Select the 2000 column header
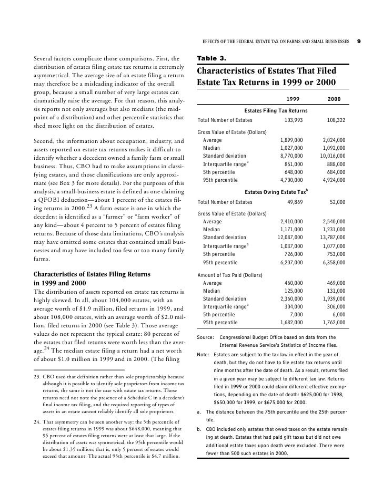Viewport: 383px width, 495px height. (334, 99)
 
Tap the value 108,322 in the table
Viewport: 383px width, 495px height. (335, 120)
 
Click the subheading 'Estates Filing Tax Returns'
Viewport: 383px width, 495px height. (276, 110)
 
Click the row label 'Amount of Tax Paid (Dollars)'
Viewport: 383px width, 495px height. (230, 275)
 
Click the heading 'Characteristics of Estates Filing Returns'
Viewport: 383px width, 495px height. (92, 274)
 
